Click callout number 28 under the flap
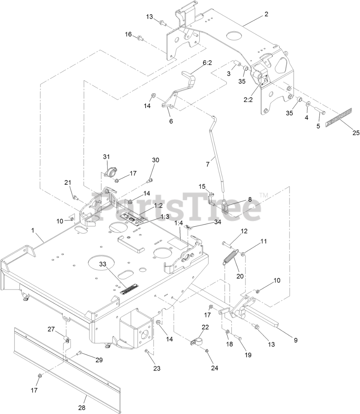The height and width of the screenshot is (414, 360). (82, 408)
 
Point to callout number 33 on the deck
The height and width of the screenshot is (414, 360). (103, 264)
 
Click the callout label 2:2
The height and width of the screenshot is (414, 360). (248, 100)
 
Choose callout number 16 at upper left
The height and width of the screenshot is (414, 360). (129, 34)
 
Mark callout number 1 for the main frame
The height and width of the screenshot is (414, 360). (32, 230)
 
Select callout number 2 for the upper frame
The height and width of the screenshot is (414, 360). (266, 14)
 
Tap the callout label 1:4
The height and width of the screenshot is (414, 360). (179, 223)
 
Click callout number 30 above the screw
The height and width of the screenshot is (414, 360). (156, 160)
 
